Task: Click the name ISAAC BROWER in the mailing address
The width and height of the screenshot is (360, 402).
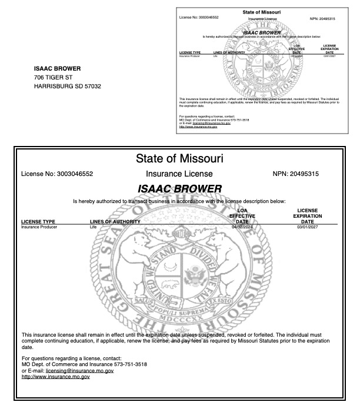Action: [58, 68]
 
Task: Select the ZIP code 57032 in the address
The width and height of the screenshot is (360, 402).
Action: [92, 87]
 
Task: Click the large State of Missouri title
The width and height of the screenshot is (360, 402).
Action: [179, 158]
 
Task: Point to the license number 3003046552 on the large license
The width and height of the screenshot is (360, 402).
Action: [71, 174]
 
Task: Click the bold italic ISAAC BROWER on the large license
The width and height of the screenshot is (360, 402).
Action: [179, 189]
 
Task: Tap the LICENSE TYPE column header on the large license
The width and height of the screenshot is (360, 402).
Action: [38, 221]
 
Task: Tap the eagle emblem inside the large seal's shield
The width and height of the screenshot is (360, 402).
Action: [192, 277]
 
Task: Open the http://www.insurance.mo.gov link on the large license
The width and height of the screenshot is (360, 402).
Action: [55, 377]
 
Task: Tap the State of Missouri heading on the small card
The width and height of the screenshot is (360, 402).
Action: [261, 12]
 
